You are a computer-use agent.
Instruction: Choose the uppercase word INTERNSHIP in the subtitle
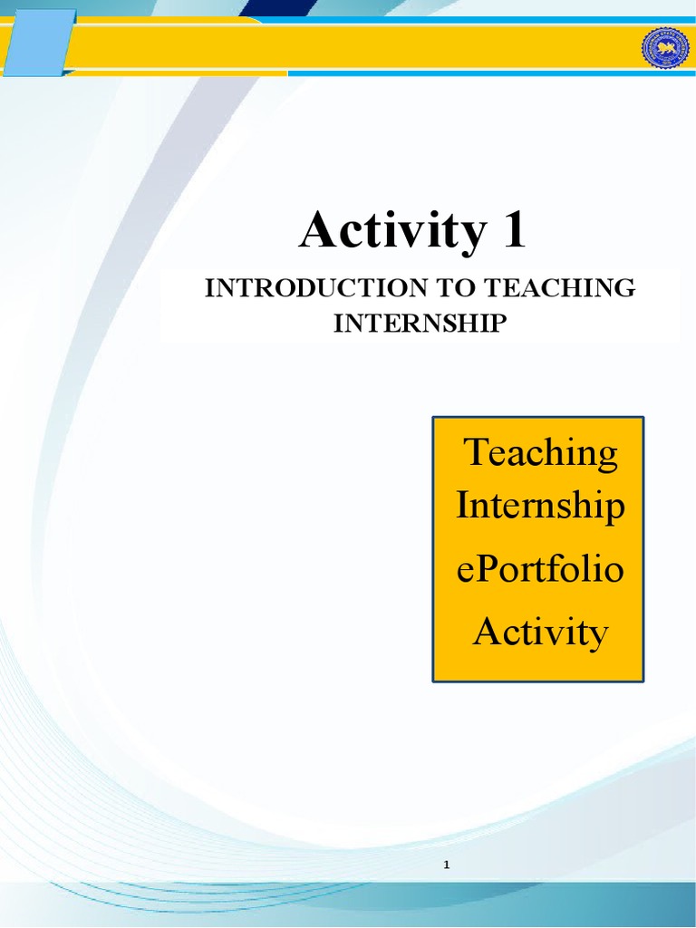[x=417, y=324]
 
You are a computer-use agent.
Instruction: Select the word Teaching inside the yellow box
[x=541, y=452]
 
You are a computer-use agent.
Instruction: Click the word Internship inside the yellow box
[x=540, y=507]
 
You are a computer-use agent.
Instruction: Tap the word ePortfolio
[x=540, y=570]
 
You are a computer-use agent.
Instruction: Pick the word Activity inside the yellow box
[x=540, y=632]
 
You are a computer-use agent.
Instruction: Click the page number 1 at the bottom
[x=447, y=865]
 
